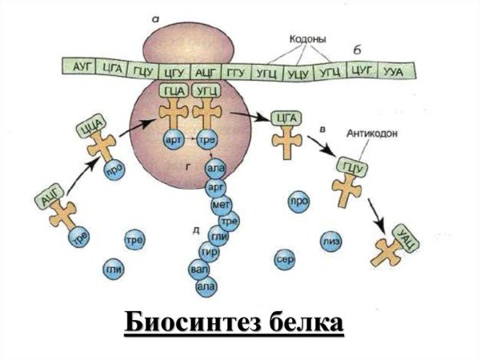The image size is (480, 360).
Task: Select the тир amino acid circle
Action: pos(210,250)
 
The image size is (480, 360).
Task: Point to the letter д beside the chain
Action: pos(195,230)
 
